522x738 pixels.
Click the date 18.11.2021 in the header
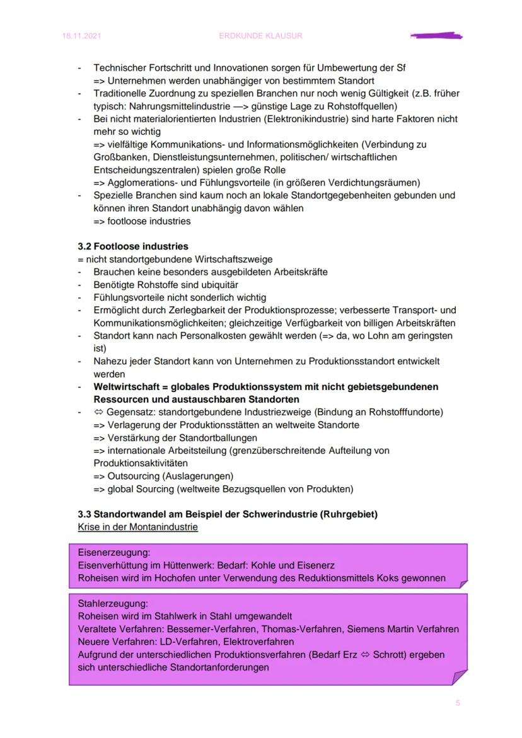tap(81, 36)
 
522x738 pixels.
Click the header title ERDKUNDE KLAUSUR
tap(260, 36)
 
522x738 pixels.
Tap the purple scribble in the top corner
tap(436, 36)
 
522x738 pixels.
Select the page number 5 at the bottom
tap(458, 703)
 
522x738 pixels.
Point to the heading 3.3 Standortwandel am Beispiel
tap(228, 514)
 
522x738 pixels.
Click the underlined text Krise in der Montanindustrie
tap(137, 527)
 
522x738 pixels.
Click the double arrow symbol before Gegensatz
tap(98, 412)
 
